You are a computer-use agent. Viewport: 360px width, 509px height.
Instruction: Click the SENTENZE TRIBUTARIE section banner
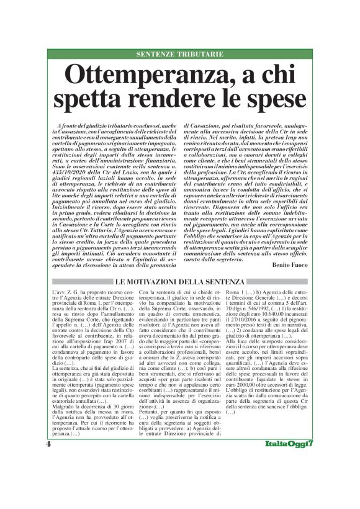(x=179, y=54)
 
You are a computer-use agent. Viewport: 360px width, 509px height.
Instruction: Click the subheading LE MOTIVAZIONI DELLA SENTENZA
(x=179, y=282)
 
